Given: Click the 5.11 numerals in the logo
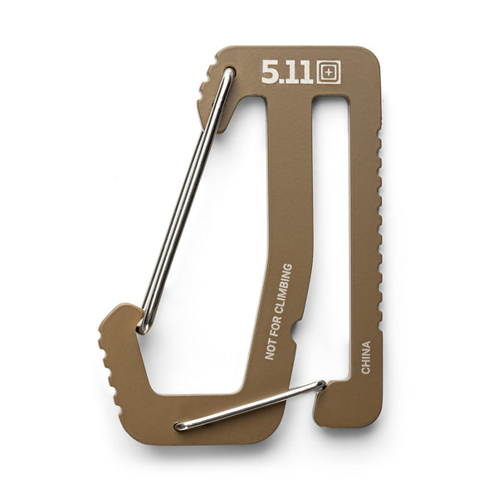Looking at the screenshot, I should [x=287, y=72].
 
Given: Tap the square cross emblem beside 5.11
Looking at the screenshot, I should [x=329, y=72].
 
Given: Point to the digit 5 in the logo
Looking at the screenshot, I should [x=269, y=72].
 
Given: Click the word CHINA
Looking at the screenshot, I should [x=366, y=357].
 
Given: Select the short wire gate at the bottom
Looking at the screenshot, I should [x=249, y=404].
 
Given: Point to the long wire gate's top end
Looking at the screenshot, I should [x=227, y=75].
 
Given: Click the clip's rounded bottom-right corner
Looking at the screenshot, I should [x=373, y=419].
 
